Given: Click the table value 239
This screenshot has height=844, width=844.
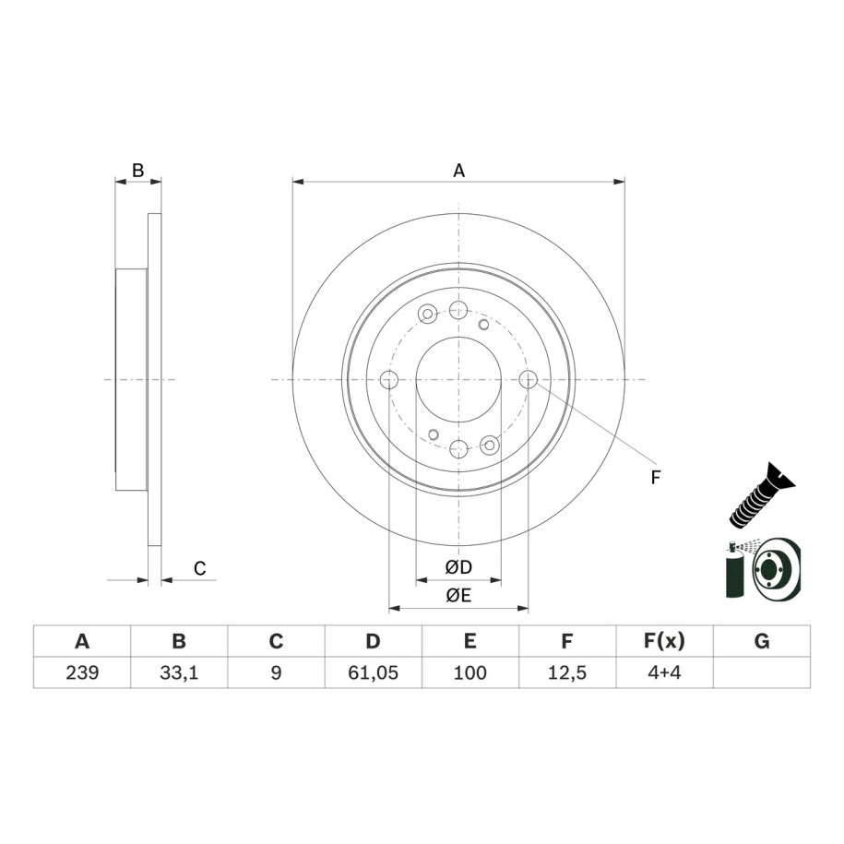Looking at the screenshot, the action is click(x=82, y=672).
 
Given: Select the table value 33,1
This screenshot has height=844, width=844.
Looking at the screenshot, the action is click(x=179, y=672).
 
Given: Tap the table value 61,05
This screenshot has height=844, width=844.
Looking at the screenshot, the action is click(x=373, y=672).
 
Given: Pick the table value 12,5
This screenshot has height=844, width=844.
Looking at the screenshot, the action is click(x=567, y=672).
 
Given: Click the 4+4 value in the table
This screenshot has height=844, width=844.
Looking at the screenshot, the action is click(x=664, y=672).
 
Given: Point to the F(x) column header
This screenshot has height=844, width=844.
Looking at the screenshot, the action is click(x=664, y=641).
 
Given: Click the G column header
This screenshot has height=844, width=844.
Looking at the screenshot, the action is click(x=762, y=641).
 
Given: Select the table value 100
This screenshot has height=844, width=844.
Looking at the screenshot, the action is click(x=470, y=672).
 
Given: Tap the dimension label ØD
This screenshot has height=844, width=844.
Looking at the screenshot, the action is click(x=458, y=566).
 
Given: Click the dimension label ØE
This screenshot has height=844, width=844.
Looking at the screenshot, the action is click(x=458, y=595).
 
